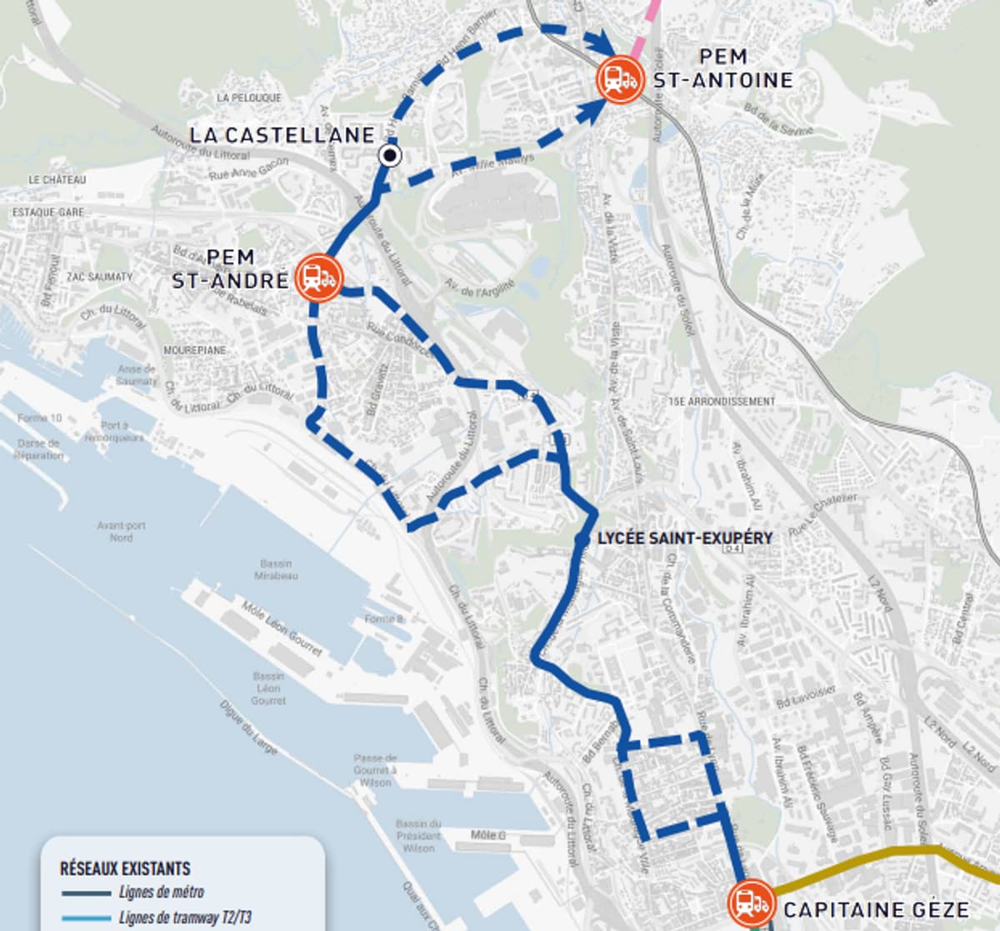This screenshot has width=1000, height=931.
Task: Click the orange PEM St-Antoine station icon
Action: (x=619, y=79)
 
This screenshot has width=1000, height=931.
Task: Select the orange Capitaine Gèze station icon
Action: (x=752, y=903)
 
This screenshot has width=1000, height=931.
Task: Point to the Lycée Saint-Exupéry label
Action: (x=685, y=538)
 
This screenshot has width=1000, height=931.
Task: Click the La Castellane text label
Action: (x=282, y=135)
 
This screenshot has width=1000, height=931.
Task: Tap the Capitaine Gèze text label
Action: (x=876, y=909)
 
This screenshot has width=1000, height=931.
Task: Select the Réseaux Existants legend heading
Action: (x=125, y=868)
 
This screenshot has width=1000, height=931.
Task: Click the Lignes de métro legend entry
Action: (x=161, y=893)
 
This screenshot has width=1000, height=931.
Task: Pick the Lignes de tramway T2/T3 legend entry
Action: (x=185, y=918)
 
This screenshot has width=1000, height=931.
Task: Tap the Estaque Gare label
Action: (x=47, y=213)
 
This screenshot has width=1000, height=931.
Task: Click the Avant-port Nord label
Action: (x=121, y=531)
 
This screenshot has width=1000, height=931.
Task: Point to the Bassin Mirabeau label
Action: (x=275, y=570)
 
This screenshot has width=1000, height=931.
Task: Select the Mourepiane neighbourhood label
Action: (x=193, y=350)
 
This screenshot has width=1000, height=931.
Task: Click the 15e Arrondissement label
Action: (x=722, y=401)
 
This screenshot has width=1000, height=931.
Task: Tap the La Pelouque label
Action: (x=248, y=98)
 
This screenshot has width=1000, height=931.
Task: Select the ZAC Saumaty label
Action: (x=99, y=276)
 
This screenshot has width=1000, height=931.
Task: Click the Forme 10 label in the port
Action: (x=39, y=418)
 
